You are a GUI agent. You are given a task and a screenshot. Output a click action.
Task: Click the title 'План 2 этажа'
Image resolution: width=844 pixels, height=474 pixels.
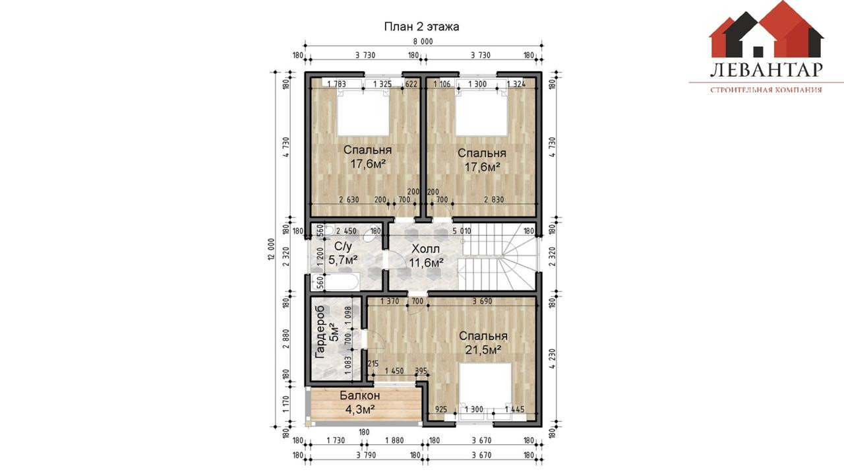(x=421, y=27)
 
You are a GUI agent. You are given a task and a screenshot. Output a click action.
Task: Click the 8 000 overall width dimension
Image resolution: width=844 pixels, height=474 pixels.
(x=424, y=42)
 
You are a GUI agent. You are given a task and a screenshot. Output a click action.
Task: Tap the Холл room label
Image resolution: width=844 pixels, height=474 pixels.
(x=425, y=249)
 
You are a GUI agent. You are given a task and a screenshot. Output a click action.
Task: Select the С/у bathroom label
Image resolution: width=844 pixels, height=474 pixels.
(x=343, y=246)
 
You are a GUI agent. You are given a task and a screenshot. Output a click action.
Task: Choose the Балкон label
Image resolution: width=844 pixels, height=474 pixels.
(x=360, y=395)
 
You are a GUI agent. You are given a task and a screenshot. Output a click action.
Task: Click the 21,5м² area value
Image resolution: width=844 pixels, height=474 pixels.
(x=483, y=350)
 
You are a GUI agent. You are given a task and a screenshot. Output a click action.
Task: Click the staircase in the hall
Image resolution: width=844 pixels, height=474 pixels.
(x=497, y=257)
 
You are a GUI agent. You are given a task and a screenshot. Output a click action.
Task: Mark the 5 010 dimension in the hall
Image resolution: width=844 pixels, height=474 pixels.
(x=462, y=231)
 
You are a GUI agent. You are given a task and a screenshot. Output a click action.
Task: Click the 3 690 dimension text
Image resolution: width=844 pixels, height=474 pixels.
(x=482, y=301)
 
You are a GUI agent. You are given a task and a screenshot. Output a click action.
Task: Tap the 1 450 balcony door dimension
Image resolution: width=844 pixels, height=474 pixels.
(x=394, y=371)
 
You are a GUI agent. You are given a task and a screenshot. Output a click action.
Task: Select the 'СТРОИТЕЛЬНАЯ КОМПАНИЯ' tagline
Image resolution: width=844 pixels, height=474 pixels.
(x=766, y=90)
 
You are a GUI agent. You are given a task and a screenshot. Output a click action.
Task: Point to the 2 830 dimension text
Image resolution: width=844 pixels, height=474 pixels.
(x=494, y=199)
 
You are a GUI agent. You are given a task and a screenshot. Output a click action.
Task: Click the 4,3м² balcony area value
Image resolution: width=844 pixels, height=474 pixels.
(x=360, y=409)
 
